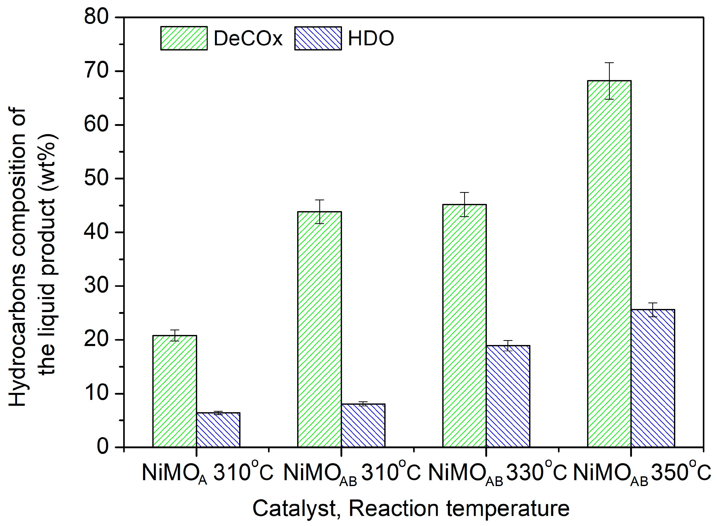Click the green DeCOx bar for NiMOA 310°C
point(175,391)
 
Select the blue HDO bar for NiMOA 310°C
point(218,430)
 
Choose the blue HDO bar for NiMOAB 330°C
point(508,396)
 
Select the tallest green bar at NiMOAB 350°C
point(609,264)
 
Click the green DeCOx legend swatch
point(184,38)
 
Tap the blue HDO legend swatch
point(318,38)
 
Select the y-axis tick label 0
point(103,447)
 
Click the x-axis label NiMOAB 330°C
point(497,473)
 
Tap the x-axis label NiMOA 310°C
point(207,473)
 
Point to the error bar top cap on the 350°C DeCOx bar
point(609,63)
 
